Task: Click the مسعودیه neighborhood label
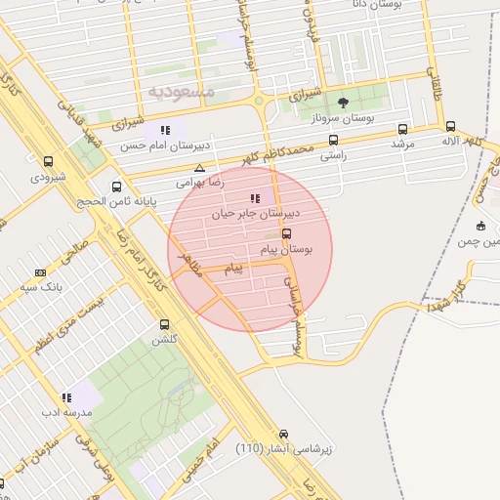pyautogui.click(x=181, y=91)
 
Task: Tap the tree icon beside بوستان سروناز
pyautogui.click(x=343, y=102)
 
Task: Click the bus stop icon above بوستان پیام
pyautogui.click(x=286, y=233)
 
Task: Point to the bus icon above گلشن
pyautogui.click(x=164, y=324)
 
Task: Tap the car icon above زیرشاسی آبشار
pyautogui.click(x=283, y=434)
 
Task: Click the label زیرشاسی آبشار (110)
pyautogui.click(x=285, y=449)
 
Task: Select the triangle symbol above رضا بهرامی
pyautogui.click(x=199, y=167)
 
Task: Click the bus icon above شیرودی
pyautogui.click(x=49, y=161)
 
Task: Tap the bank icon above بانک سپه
pyautogui.click(x=40, y=272)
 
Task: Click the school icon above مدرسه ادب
pyautogui.click(x=66, y=397)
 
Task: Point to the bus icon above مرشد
pyautogui.click(x=402, y=128)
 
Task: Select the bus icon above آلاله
pyautogui.click(x=450, y=126)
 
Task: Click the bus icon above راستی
pyautogui.click(x=334, y=140)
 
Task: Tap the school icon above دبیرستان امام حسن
pyautogui.click(x=165, y=130)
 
